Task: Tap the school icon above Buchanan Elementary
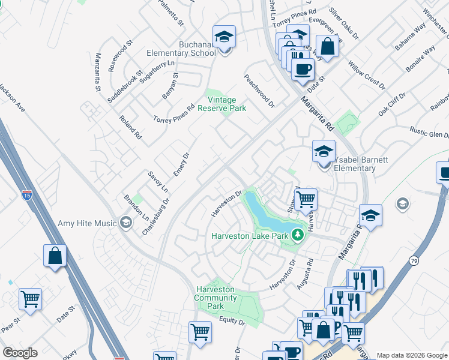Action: pyautogui.click(x=224, y=37)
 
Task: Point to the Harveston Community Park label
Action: pyautogui.click(x=215, y=298)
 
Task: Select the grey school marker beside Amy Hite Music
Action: pyautogui.click(x=125, y=223)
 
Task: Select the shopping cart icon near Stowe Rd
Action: pyautogui.click(x=306, y=198)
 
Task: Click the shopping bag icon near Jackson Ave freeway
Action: pyautogui.click(x=55, y=255)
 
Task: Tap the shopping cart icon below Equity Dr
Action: pyautogui.click(x=200, y=331)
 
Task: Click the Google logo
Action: pyautogui.click(x=20, y=353)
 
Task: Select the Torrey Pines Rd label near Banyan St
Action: pyautogui.click(x=173, y=114)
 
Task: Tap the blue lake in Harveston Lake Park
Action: pyautogui.click(x=265, y=215)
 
